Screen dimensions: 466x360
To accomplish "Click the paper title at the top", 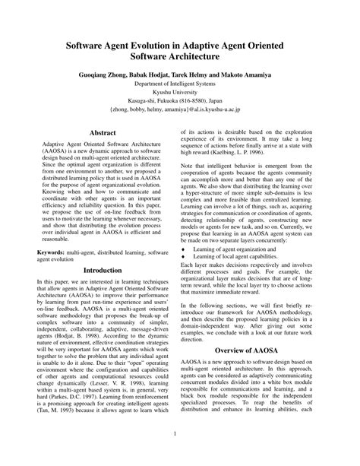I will click(x=180, y=49).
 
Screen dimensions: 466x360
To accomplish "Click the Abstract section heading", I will click(x=102, y=132).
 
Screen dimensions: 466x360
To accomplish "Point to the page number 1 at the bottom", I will click(x=180, y=434).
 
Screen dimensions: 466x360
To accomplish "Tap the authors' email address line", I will click(x=180, y=120).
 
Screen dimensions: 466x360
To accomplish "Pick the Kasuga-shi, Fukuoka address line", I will click(x=180, y=109).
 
